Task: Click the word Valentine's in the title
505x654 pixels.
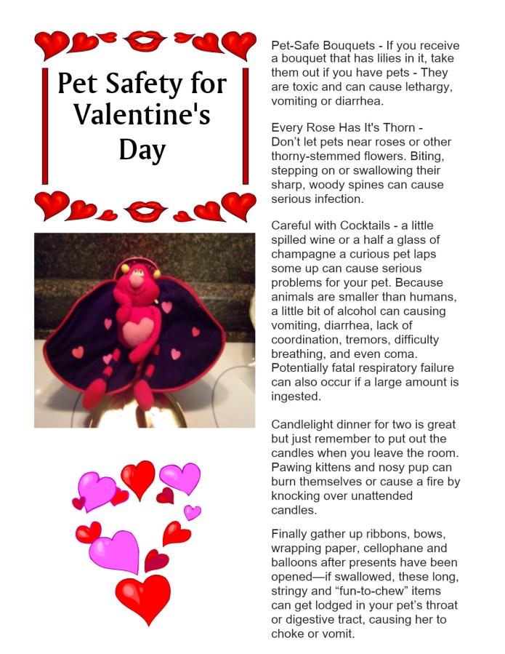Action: pos(142,116)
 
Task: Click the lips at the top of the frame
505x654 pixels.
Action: pos(144,41)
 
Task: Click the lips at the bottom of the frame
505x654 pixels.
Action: pos(144,210)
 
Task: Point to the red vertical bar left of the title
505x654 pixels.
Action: pos(46,126)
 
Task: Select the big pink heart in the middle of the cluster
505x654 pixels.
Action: pos(114,550)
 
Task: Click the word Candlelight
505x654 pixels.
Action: pos(302,425)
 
